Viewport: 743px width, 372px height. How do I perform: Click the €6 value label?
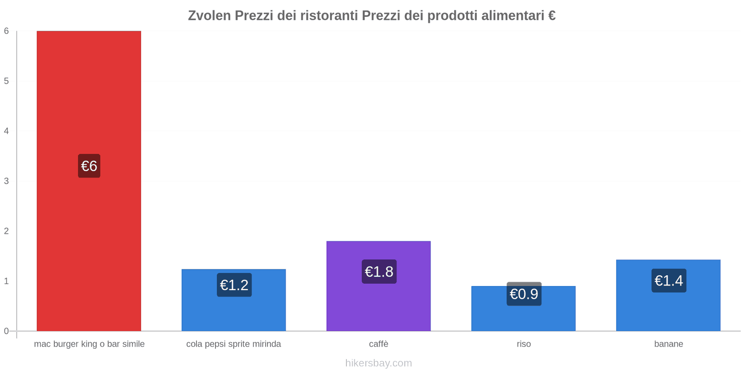click(x=89, y=166)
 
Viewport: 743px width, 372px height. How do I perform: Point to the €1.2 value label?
click(x=234, y=285)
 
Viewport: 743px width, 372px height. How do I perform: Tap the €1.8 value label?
click(x=379, y=272)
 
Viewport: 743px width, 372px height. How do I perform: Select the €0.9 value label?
click(x=524, y=294)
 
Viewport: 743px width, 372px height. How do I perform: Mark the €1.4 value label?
click(x=669, y=281)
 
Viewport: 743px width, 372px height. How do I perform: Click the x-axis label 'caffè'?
click(x=378, y=344)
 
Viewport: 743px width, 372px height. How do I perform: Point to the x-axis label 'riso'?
click(x=523, y=344)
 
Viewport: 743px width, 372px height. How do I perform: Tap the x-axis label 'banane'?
click(x=668, y=344)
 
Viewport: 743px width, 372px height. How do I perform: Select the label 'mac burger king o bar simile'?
click(x=89, y=344)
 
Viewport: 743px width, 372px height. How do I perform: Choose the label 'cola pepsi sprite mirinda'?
click(x=234, y=344)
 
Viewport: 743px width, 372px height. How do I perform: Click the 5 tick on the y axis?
click(x=7, y=81)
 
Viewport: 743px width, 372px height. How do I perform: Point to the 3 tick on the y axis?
click(x=7, y=181)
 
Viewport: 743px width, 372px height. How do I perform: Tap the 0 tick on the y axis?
click(x=7, y=331)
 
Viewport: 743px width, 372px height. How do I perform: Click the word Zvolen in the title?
click(x=209, y=16)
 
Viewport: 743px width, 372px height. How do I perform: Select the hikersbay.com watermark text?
click(x=378, y=363)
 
